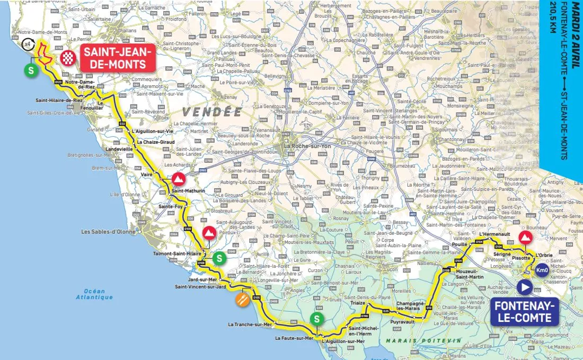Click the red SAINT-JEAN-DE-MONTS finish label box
pyautogui.click(x=117, y=58)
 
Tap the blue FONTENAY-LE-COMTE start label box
pyautogui.click(x=525, y=312)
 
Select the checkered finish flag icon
pyautogui.click(x=67, y=58)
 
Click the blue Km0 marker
pyautogui.click(x=541, y=270)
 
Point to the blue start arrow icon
pyautogui.click(x=525, y=287)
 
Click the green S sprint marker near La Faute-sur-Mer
pyautogui.click(x=316, y=319)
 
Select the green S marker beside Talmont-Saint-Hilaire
pyautogui.click(x=219, y=258)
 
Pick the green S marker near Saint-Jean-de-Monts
pyautogui.click(x=31, y=70)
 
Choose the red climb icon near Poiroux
pyautogui.click(x=209, y=233)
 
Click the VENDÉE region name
pyautogui.click(x=213, y=112)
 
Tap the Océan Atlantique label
pyautogui.click(x=94, y=294)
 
